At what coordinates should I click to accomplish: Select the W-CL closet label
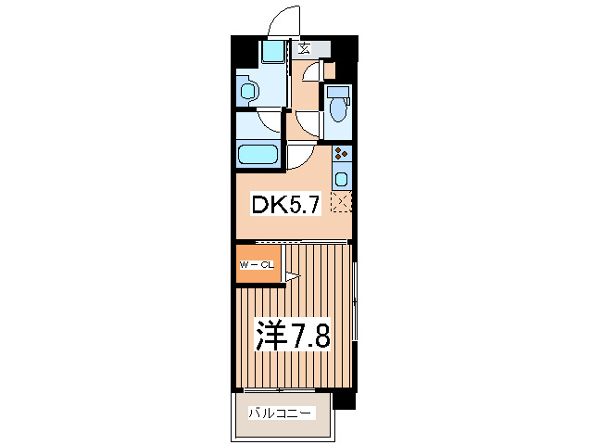pyautogui.click(x=257, y=265)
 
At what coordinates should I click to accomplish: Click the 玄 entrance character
pyautogui.click(x=305, y=49)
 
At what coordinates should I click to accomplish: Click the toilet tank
pyautogui.click(x=338, y=92)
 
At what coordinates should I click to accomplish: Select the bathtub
pyautogui.click(x=258, y=155)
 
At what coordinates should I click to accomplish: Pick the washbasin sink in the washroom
pyautogui.click(x=248, y=90)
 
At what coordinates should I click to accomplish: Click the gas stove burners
pyautogui.click(x=341, y=155)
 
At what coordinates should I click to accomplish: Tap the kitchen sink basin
pyautogui.click(x=341, y=178)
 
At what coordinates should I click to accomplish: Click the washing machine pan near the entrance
pyautogui.click(x=272, y=51)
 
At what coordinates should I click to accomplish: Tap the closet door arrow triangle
pyautogui.click(x=290, y=275)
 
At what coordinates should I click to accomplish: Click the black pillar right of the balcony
pyautogui.click(x=345, y=400)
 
